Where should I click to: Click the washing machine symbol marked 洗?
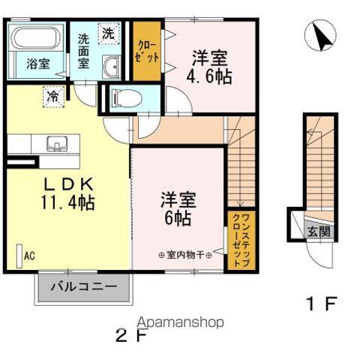pos(109,33)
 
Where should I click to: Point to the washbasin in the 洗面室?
pos(111,64)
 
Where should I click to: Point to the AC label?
pos(28,255)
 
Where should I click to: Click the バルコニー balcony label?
pos(83,286)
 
